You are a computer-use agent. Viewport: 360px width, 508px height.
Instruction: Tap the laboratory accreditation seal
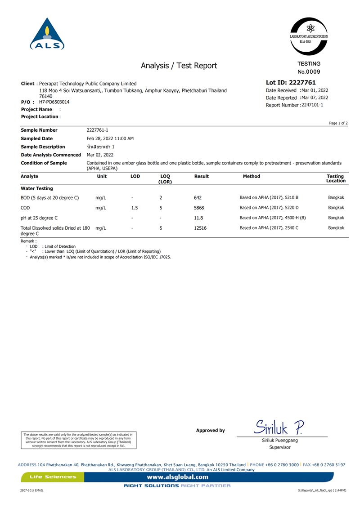309,36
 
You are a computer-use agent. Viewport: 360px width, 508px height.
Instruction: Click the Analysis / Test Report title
179,66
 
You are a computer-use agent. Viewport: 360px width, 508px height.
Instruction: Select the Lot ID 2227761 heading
291,83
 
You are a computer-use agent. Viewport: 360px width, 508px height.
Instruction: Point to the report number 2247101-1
312,105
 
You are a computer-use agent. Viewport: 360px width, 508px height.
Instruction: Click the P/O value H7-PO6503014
54,102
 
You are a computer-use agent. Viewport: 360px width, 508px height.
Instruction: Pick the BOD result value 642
198,198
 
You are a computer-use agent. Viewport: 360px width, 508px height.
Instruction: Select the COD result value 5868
199,208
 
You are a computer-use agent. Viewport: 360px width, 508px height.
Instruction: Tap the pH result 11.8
198,218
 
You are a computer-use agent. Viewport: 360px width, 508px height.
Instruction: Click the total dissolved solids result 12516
200,228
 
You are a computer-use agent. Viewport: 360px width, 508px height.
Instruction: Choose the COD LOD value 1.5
135,208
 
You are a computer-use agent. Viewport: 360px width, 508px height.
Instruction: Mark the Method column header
252,177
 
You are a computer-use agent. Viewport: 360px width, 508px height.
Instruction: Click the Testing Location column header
336,178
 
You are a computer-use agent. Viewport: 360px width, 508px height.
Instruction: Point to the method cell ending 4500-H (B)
273,218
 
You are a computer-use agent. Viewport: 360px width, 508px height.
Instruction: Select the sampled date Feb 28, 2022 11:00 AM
110,139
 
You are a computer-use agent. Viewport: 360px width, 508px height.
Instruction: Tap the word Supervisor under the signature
280,447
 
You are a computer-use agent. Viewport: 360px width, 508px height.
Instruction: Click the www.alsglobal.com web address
178,477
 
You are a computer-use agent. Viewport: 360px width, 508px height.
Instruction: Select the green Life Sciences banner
53,477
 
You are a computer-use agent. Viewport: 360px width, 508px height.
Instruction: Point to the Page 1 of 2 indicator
338,123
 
